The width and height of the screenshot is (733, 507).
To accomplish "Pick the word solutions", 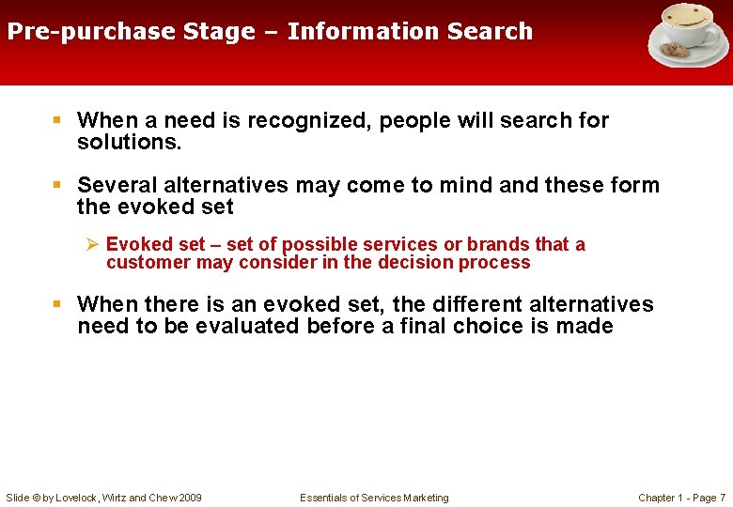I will click(x=129, y=142).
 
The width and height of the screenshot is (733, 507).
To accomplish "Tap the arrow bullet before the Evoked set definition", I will click(x=91, y=244).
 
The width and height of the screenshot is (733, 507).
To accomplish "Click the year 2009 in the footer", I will click(x=189, y=498).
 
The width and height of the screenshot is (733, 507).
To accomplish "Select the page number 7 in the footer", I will click(x=722, y=498).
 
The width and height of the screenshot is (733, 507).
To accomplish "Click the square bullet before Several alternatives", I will click(x=58, y=185).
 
